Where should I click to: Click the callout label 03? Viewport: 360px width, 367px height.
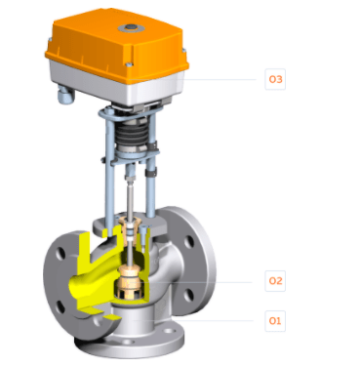coord(275,79)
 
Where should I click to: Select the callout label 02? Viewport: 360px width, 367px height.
coord(275,281)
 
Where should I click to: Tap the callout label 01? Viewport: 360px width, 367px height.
coord(275,321)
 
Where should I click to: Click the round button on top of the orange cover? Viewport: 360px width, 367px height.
coord(132,27)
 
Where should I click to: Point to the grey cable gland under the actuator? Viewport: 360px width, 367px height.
coord(66,96)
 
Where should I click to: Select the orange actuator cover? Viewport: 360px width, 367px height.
coord(117,46)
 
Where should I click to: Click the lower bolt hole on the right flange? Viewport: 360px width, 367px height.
coord(188,295)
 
